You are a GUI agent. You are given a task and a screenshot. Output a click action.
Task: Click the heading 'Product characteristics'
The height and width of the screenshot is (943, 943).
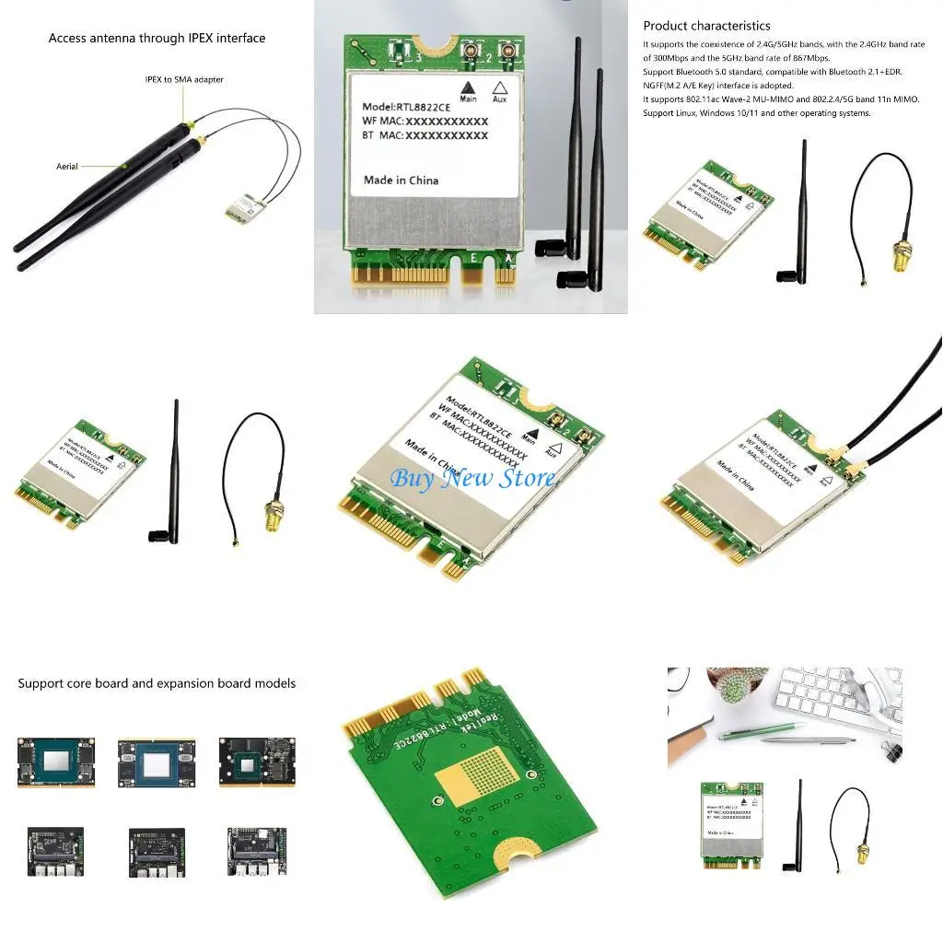click(706, 26)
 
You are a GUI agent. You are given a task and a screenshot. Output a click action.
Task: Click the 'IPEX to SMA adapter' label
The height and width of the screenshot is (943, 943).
click(184, 80)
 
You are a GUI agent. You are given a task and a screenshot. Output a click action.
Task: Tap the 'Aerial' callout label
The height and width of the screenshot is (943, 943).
click(67, 167)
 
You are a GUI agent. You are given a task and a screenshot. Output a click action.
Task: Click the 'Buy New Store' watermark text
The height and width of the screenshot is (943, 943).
click(472, 477)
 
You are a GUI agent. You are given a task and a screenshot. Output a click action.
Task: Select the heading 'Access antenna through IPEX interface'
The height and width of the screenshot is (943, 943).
click(157, 39)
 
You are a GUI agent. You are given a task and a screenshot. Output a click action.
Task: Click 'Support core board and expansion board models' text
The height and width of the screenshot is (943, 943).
click(157, 683)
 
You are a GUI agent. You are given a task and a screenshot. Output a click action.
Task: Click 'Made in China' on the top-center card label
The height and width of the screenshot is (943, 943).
click(401, 180)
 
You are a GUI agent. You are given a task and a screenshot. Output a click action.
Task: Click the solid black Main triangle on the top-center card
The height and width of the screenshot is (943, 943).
click(469, 87)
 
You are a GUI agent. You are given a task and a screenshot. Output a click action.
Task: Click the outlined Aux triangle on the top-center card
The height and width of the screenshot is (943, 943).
click(500, 86)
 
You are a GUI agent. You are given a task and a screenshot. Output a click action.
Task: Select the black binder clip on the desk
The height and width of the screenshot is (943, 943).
click(889, 749)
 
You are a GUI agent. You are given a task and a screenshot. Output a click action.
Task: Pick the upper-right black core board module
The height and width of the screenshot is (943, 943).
click(250, 762)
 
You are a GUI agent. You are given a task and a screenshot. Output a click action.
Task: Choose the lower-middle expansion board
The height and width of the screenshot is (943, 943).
click(156, 851)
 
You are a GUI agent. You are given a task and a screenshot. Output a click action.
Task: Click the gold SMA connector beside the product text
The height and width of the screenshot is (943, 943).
click(897, 257)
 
